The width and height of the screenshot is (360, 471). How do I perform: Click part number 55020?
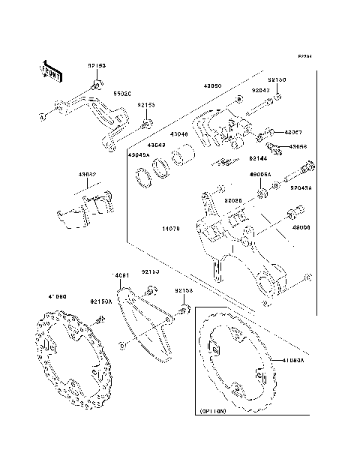[x=122, y=94]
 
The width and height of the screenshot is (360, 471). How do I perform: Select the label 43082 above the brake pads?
[x=88, y=175]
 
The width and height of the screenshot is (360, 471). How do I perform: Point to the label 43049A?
[x=139, y=154]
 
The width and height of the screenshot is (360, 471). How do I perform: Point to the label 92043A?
[x=301, y=188]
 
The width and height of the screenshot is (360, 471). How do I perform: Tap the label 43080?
[x=213, y=86]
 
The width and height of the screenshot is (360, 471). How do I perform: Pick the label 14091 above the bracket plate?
[x=121, y=276]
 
